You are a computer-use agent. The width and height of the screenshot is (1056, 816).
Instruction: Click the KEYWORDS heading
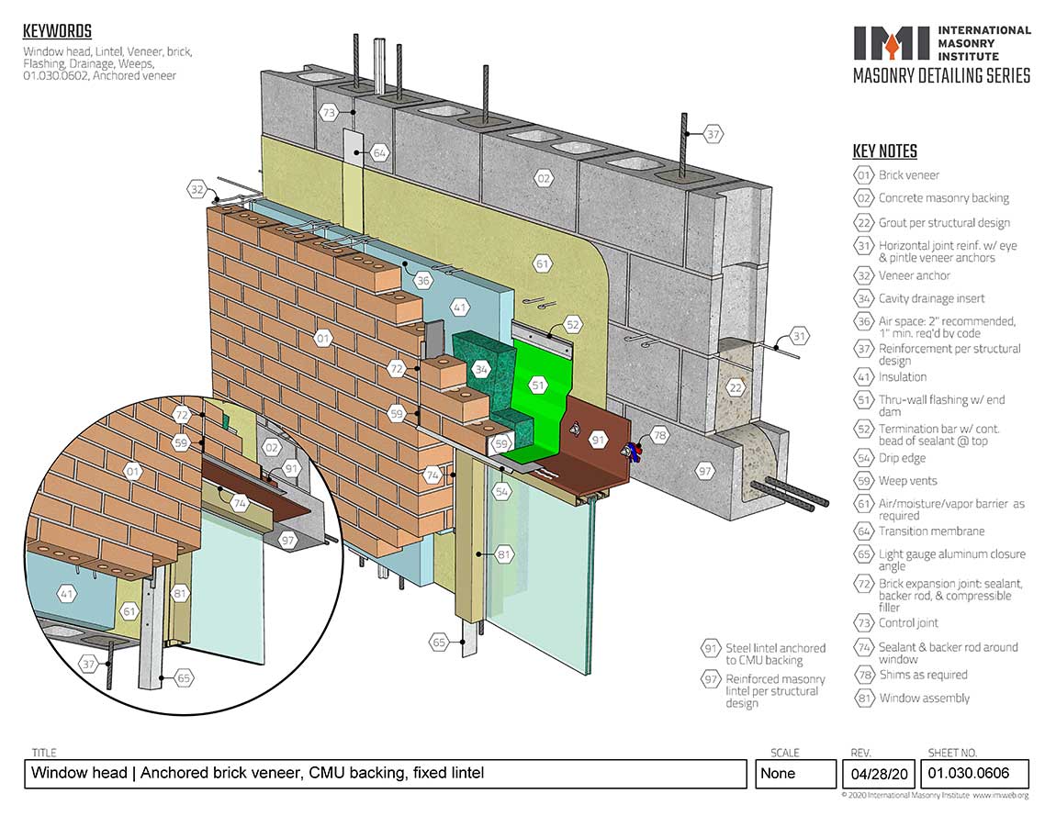(x=57, y=32)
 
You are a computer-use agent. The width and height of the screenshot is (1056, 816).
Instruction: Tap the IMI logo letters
(x=891, y=42)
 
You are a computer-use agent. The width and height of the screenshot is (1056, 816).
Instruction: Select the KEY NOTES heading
(x=884, y=152)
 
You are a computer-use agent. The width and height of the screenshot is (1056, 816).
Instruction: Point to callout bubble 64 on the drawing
(x=379, y=153)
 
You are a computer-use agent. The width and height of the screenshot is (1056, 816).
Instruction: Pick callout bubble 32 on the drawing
(x=197, y=190)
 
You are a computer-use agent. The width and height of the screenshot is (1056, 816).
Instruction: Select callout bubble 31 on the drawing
(x=799, y=337)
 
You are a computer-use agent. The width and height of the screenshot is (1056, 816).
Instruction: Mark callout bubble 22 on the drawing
(x=735, y=387)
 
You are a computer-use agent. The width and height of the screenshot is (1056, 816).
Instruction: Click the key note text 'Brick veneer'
(x=909, y=175)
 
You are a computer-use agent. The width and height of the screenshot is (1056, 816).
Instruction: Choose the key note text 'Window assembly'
(x=924, y=698)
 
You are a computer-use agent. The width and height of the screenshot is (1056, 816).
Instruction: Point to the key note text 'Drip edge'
(x=902, y=458)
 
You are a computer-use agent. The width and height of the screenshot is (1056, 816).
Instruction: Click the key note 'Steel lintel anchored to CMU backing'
(x=775, y=654)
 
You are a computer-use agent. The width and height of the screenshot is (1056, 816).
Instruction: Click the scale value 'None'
(x=778, y=773)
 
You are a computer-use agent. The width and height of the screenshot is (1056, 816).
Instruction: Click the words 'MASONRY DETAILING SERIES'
(x=941, y=76)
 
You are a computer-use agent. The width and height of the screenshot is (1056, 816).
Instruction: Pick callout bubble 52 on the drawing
(x=572, y=324)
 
